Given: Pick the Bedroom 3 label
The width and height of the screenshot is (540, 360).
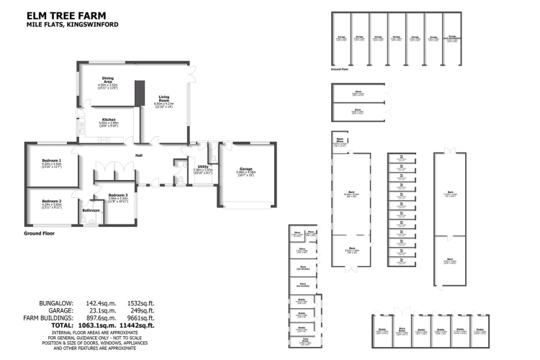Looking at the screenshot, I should coord(118,195).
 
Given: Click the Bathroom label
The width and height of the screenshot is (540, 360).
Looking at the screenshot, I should coord(91,210).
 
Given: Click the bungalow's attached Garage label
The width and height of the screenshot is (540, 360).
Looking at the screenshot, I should coord(246,170).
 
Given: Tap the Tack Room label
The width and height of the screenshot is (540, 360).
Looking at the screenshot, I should coord(305,340).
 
